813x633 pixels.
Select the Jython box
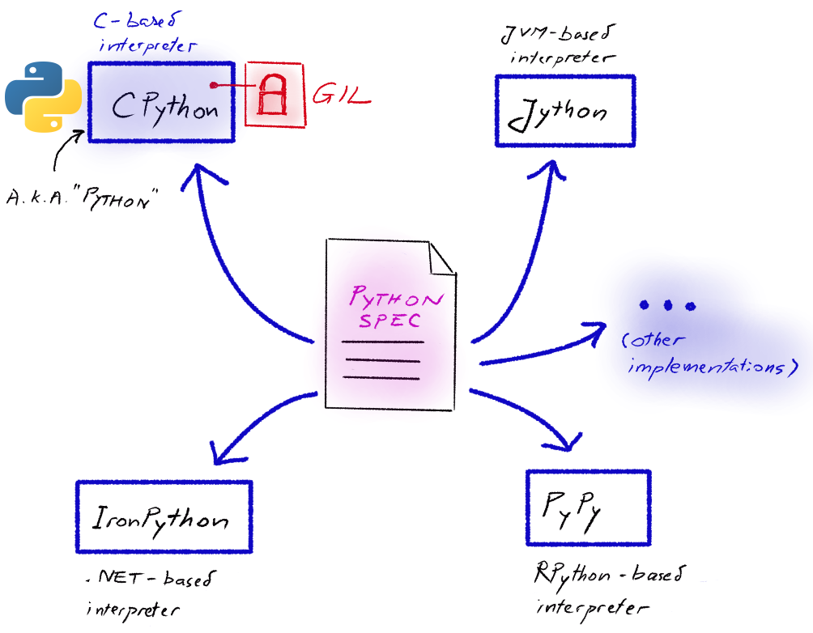pos(564,111)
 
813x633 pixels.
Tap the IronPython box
pos(164,517)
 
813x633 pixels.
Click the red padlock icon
pos(275,94)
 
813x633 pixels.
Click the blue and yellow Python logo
pos(42,95)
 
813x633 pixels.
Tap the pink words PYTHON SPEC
pos(396,308)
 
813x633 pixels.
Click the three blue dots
pos(666,306)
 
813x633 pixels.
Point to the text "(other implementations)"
pos(703,354)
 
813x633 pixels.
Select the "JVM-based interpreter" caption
pos(560,44)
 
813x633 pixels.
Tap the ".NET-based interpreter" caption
pos(150,593)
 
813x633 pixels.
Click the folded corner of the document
pos(442,258)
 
